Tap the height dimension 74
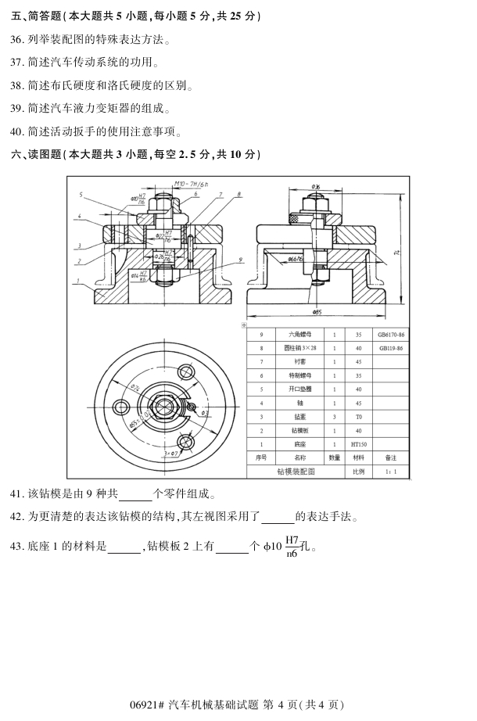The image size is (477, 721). click(398, 251)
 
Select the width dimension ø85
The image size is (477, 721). click(317, 312)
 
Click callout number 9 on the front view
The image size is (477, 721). click(240, 260)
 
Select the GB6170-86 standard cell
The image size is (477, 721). click(390, 334)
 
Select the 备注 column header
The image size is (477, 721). click(390, 457)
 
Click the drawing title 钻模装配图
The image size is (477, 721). click(296, 472)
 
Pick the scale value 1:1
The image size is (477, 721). click(390, 472)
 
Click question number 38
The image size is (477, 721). click(17, 85)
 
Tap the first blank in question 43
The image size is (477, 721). click(123, 547)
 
